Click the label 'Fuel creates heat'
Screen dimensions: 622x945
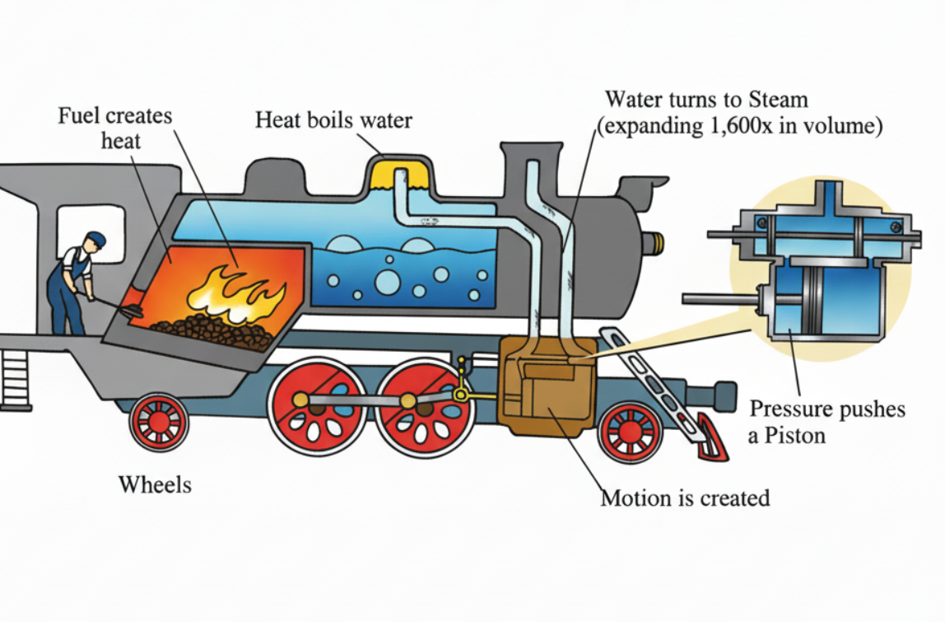coord(114,128)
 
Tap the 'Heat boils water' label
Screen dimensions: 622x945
coord(333,120)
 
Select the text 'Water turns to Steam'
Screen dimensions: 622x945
coord(706,100)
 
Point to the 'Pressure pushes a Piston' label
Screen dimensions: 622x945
coord(826,421)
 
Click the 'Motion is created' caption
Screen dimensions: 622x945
coord(685,498)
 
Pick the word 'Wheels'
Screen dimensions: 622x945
coord(155,484)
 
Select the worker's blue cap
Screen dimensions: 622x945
coord(96,238)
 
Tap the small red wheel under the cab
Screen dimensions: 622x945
coord(159,421)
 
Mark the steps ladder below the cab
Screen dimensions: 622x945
coord(15,380)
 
